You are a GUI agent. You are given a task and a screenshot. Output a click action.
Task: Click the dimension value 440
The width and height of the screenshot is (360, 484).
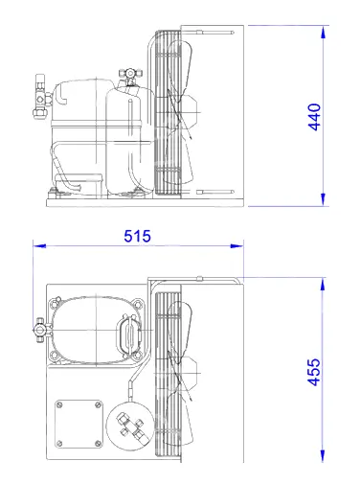click(x=314, y=117)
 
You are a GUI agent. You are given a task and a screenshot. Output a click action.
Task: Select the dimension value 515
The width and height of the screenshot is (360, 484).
click(x=137, y=236)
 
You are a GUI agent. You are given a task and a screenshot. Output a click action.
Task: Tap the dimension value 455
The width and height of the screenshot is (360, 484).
click(x=314, y=372)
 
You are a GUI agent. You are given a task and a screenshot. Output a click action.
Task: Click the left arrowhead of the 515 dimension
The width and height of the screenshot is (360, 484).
click(x=39, y=245)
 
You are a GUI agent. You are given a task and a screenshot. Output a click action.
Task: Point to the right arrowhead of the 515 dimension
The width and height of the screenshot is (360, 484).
click(x=237, y=245)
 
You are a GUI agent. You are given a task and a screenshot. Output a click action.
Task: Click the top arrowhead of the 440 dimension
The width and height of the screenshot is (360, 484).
click(x=324, y=32)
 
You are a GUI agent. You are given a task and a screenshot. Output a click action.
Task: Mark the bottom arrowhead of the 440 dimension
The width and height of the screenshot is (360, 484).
click(x=324, y=199)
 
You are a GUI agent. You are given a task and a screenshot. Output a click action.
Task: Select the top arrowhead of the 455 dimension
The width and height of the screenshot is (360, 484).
click(x=323, y=285)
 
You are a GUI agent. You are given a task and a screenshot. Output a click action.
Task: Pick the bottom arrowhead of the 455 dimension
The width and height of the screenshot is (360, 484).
click(x=323, y=455)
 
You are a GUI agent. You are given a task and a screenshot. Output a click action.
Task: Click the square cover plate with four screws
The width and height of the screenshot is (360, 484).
click(x=79, y=424)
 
